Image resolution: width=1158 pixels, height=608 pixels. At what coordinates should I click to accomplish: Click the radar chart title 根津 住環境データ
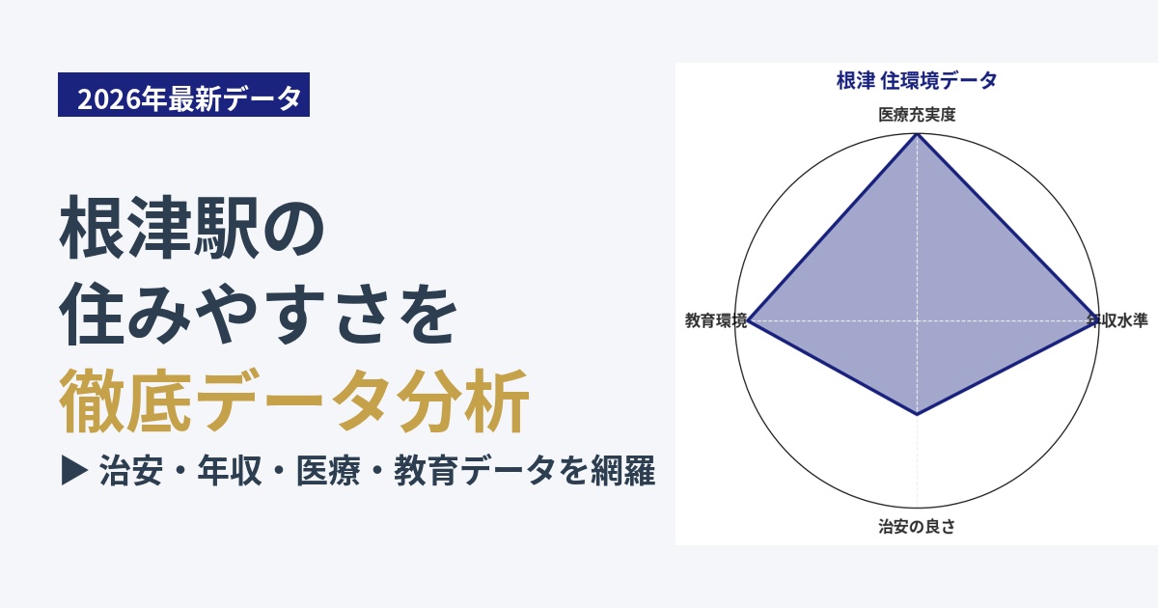pos(917,81)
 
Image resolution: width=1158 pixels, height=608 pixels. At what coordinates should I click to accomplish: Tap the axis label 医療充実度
pos(917,114)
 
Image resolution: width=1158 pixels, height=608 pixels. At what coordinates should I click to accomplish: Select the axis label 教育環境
pos(716,320)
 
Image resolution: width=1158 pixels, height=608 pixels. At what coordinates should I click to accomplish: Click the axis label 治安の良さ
pos(917,526)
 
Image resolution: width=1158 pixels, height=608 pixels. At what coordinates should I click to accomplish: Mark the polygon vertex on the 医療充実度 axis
pos(917,134)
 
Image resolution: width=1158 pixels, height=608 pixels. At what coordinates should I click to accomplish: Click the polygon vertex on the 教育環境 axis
pos(749,320)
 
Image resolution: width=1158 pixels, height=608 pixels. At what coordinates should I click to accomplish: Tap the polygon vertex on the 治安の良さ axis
pos(917,414)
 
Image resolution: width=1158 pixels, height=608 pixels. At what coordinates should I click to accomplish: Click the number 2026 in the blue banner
pos(110,98)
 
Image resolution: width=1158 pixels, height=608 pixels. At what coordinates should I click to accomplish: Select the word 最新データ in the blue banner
pos(234,98)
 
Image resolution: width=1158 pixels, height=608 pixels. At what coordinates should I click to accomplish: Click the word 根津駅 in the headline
pos(160,228)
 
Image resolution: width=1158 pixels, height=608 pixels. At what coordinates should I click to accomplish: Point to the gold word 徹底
pos(124,401)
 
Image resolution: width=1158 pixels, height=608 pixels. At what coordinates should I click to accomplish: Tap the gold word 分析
pos(463,401)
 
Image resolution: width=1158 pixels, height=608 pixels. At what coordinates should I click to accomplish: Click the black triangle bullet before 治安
pos(74,471)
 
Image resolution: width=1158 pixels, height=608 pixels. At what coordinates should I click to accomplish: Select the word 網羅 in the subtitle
pos(623,471)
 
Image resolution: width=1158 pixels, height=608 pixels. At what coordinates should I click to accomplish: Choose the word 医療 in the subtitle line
pos(328,471)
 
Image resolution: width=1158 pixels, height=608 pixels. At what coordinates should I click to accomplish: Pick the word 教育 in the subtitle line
pos(427,471)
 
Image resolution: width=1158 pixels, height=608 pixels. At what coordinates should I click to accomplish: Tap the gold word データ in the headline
pos(293,401)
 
